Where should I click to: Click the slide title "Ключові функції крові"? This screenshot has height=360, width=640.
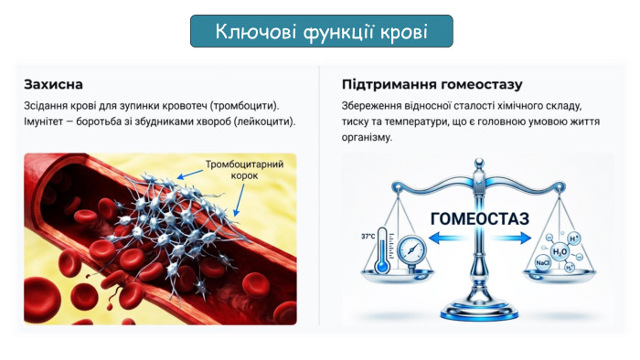pos(321,32)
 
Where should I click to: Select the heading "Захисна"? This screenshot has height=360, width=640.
pos(54,84)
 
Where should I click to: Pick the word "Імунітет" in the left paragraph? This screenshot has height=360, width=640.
pos(48,122)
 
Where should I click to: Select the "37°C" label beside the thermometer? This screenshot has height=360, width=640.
pos(368,236)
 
